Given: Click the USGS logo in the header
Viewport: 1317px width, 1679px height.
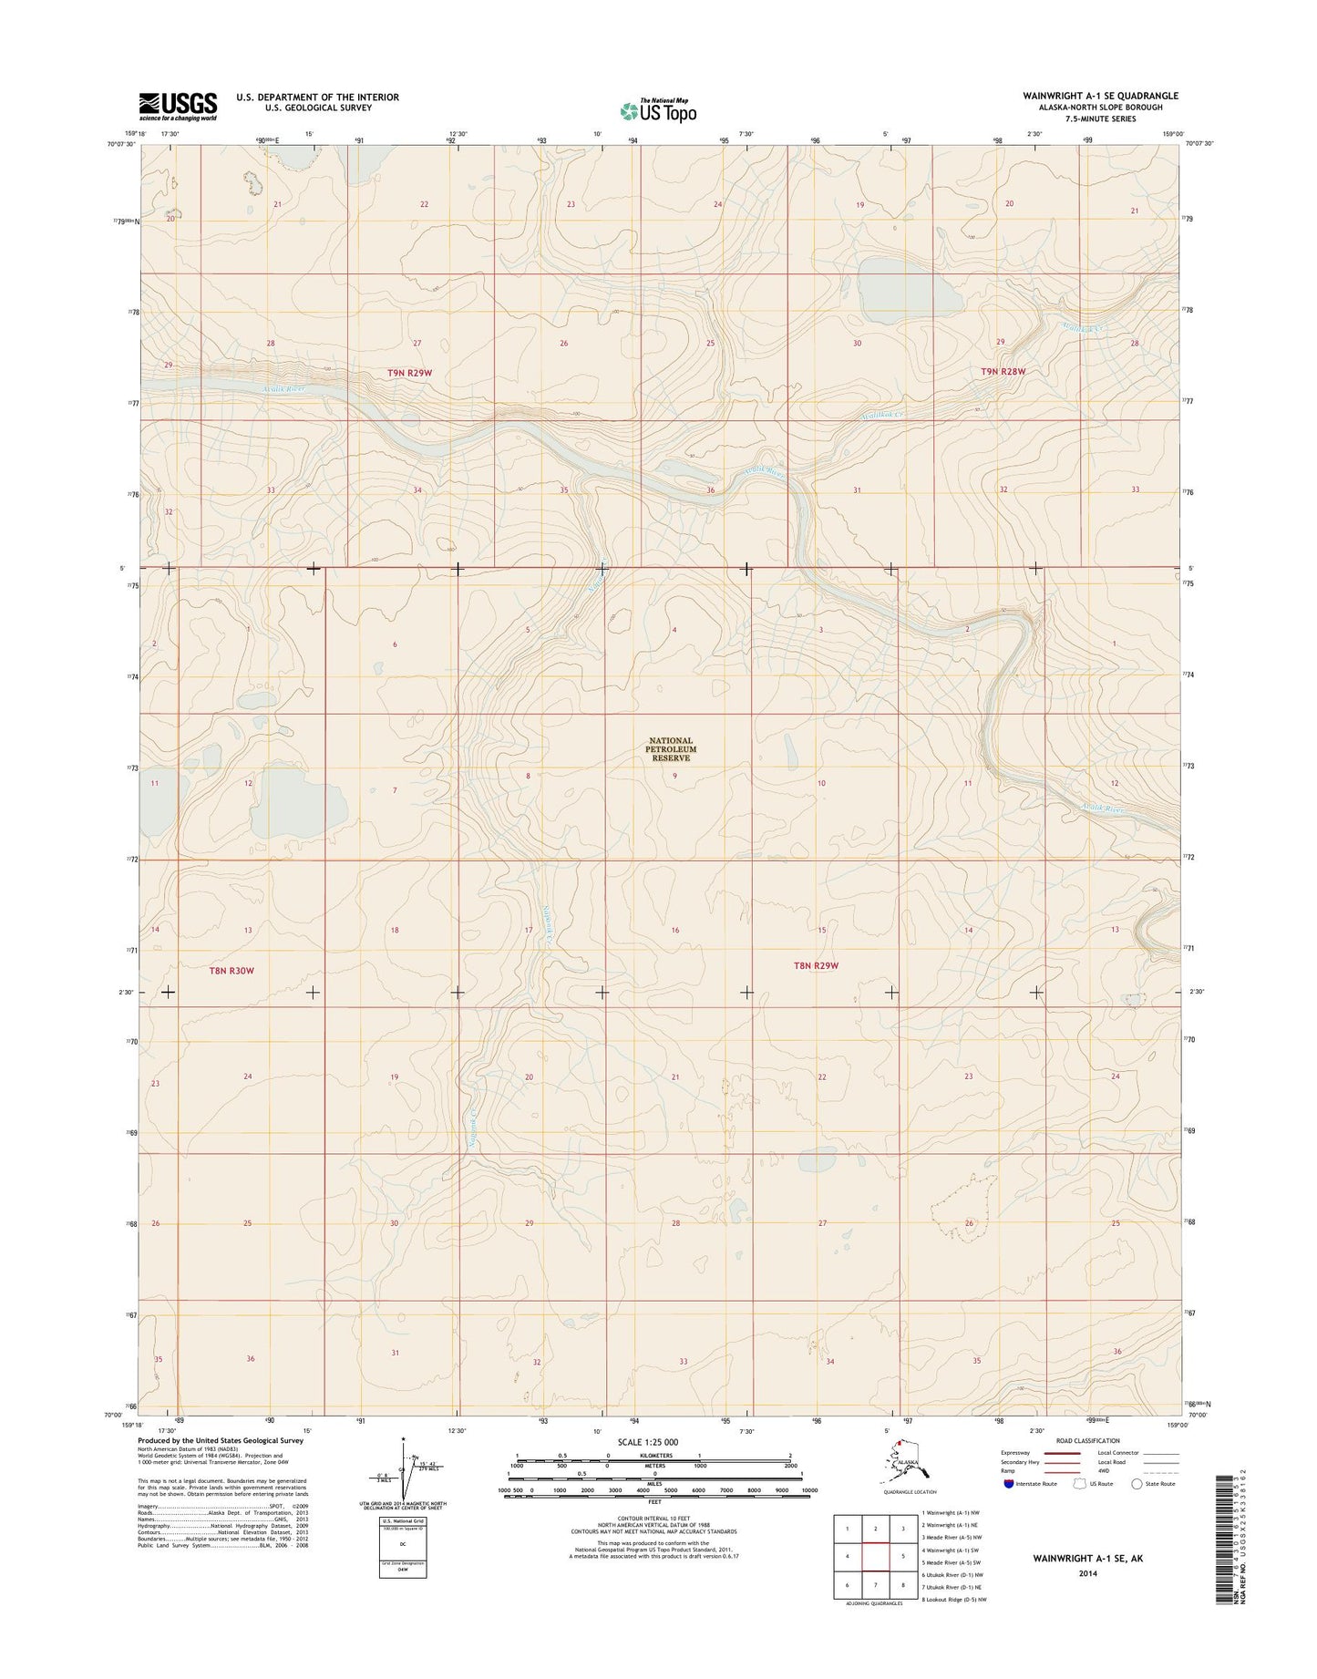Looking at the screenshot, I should pyautogui.click(x=178, y=106).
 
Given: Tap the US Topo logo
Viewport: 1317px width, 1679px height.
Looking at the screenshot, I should pyautogui.click(x=658, y=111).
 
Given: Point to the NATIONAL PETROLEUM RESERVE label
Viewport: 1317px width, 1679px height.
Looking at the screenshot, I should pyautogui.click(x=671, y=749).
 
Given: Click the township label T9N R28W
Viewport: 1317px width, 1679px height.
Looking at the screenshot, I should pyautogui.click(x=1003, y=372).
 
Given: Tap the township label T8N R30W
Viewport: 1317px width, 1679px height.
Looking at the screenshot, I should pyautogui.click(x=232, y=971).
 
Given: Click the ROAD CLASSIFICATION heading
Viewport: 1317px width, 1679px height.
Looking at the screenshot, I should pyautogui.click(x=1088, y=1441).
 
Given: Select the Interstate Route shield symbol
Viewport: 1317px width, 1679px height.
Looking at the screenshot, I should pyautogui.click(x=1007, y=1483).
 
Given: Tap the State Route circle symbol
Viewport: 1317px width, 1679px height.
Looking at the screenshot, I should pyautogui.click(x=1137, y=1484).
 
